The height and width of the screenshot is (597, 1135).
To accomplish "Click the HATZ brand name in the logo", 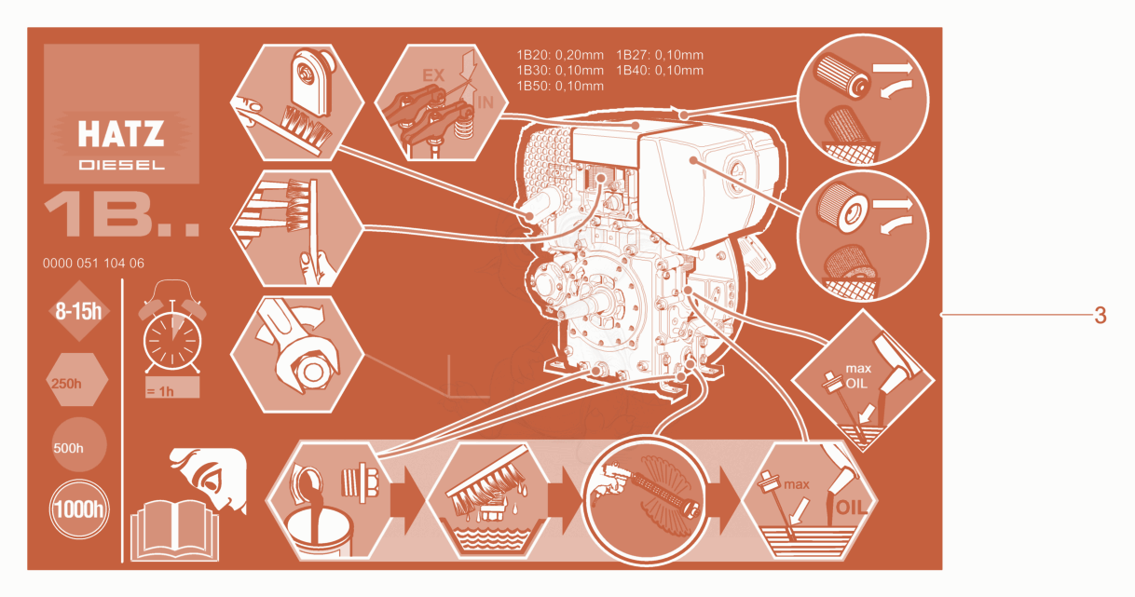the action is coord(121,134).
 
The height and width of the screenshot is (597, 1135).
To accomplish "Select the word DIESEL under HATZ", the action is coord(121,165).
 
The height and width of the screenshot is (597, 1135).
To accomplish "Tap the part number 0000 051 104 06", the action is coord(93,264).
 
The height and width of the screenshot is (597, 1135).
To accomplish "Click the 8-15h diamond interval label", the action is coord(78,311).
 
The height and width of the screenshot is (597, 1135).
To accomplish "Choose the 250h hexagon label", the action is coord(76,380).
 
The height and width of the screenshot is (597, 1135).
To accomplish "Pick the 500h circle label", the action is coord(79,445).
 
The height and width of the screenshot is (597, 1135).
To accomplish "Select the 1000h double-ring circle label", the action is coord(79,509).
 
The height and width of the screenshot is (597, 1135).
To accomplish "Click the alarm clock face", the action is coord(172,343).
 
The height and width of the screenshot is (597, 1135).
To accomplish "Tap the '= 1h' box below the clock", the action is coord(172,387).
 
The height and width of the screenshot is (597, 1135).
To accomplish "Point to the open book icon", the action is coord(175,531).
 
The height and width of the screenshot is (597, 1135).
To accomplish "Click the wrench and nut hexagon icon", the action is coord(297,355).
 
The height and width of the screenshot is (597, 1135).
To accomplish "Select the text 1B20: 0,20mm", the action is coord(560,55).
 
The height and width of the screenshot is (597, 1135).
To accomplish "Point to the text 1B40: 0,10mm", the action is coord(660,71).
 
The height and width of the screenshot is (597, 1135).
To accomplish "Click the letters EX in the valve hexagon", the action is coord(433,75).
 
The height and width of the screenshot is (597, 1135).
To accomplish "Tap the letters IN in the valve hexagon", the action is coord(485,102).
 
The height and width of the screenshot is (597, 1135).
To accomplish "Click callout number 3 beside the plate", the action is coord(1100,316).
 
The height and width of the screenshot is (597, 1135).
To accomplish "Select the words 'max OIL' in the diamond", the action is coord(858,375).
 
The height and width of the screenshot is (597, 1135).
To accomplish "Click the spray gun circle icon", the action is coord(646,501).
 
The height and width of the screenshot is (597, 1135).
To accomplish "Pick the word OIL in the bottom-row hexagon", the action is coord(852,508).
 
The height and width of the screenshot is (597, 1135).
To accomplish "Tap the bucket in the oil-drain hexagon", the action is coord(318,532).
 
